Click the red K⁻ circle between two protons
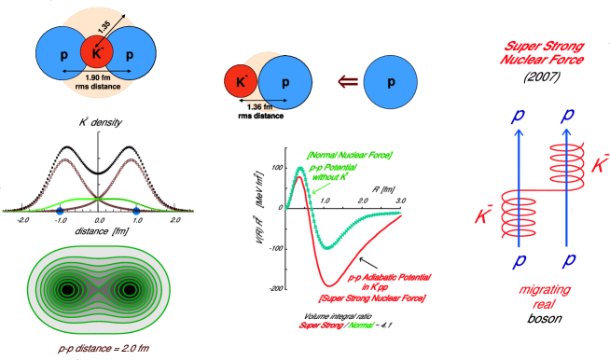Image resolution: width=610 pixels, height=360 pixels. tap(96, 53)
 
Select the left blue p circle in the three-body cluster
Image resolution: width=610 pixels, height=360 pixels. tap(62, 54)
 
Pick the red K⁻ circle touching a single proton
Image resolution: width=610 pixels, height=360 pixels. tap(241, 82)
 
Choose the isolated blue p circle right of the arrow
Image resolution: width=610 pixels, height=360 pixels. tap(391, 82)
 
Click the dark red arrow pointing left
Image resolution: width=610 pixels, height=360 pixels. tap(346, 82)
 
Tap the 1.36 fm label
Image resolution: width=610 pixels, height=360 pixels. tap(263, 106)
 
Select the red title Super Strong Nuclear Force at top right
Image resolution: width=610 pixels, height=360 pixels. tap(544, 52)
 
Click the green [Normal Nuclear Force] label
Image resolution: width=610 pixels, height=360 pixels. tap(349, 155)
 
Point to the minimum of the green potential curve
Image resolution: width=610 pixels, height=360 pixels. tap(326, 248)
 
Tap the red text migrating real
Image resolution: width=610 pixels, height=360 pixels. tap(544, 296)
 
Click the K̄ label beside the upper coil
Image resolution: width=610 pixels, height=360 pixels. tap(599, 165)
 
